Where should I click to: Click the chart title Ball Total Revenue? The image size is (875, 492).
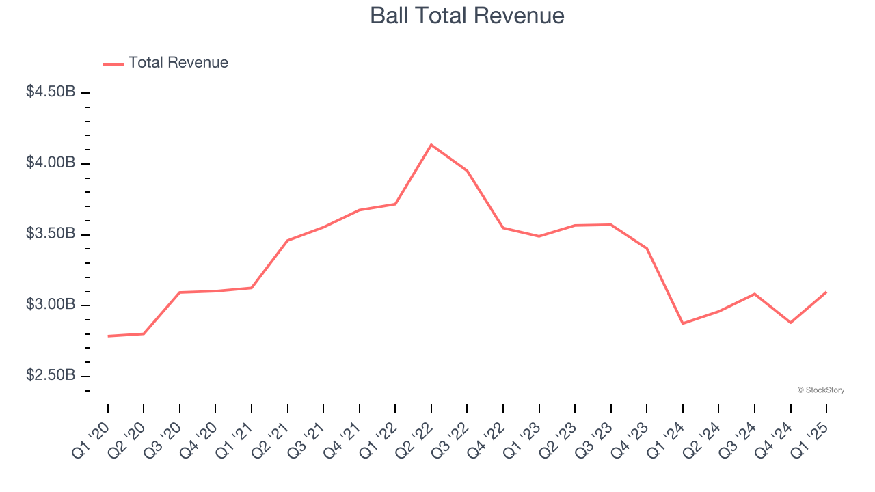tap(467, 16)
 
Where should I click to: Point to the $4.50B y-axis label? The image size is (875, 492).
tap(51, 92)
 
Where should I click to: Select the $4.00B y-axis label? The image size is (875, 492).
tap(51, 163)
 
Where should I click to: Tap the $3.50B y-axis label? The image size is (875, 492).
tap(51, 234)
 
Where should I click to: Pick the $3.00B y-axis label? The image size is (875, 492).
tap(51, 305)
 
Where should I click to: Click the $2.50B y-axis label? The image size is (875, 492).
tap(51, 376)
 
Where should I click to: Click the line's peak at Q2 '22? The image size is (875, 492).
tap(431, 145)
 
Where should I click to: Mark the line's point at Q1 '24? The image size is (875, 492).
tap(683, 323)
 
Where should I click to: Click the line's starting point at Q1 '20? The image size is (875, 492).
tap(108, 336)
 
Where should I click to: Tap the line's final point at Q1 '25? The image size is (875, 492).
tap(826, 292)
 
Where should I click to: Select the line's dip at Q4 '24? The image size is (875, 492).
tap(791, 323)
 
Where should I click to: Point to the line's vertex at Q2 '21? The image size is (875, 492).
tap(288, 241)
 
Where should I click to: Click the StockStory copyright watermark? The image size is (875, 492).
tap(820, 390)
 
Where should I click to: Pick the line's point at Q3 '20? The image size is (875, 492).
tap(180, 292)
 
